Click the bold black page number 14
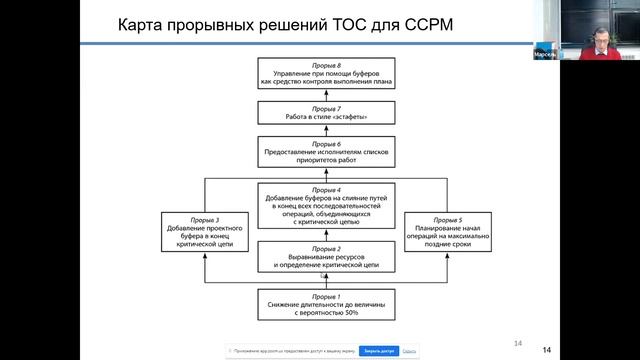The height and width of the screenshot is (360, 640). click(x=547, y=349)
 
